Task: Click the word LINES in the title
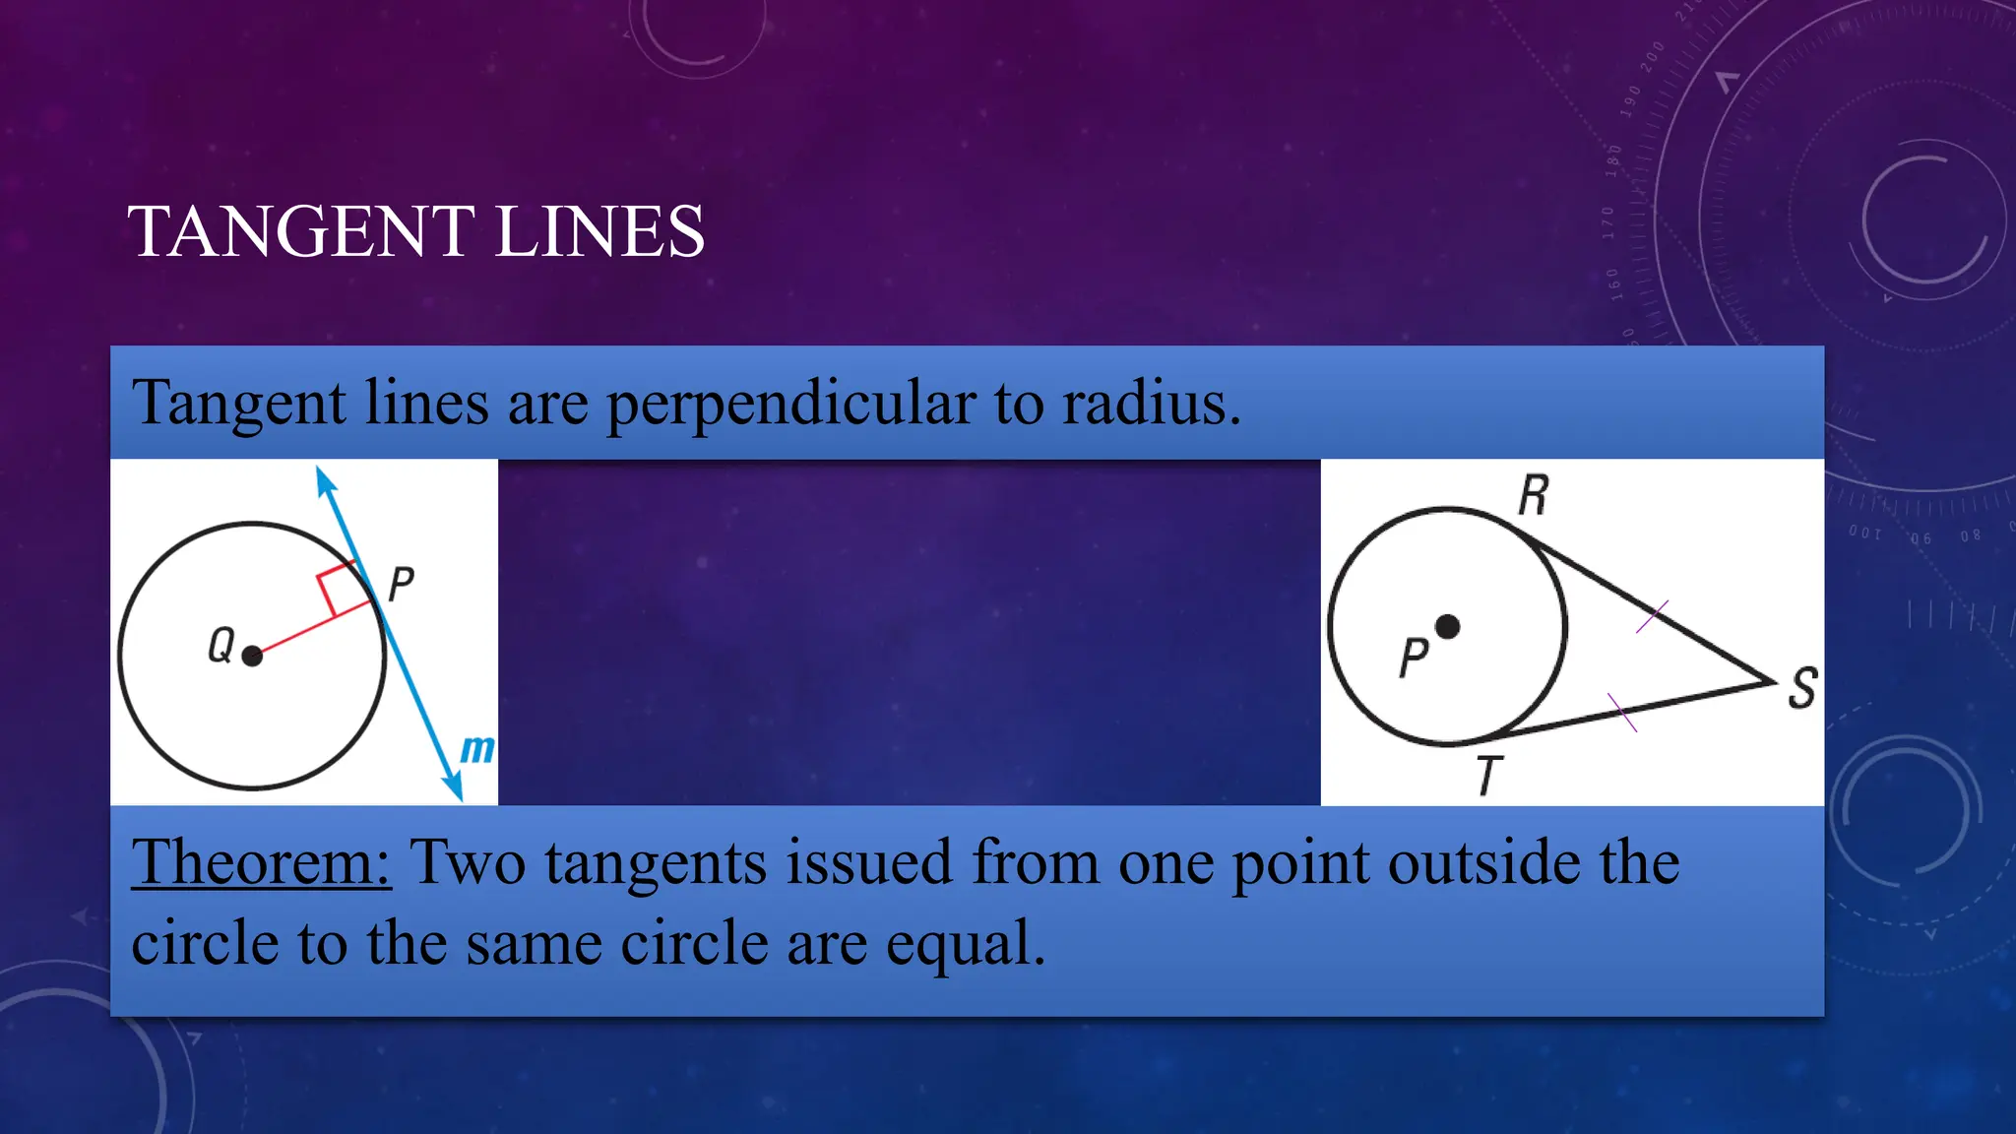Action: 599,232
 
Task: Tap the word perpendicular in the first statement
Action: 789,404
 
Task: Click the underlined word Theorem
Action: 261,862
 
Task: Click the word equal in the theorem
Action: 965,943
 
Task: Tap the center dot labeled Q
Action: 252,656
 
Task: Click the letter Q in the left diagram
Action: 220,646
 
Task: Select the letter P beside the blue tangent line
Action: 401,584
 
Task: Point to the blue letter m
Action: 477,749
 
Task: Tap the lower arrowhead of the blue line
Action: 454,787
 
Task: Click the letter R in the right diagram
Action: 1533,495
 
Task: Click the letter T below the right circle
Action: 1488,776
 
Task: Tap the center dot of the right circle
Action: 1447,626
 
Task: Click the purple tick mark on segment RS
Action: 1652,617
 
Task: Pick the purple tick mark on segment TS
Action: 1622,713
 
